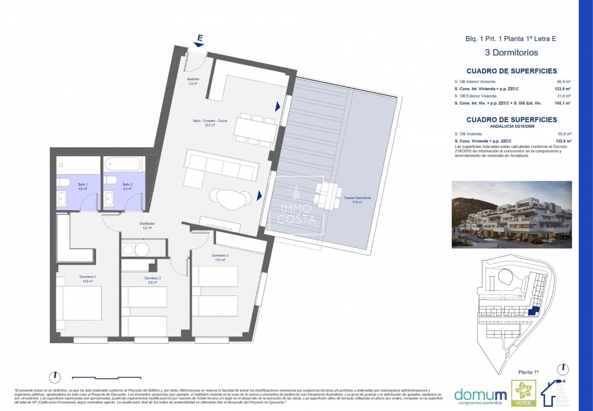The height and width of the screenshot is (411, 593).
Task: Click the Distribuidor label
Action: coord(147,225)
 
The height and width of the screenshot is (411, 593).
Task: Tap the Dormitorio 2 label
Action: coord(153,280)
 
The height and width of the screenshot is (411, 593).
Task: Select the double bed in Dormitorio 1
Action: coord(80,303)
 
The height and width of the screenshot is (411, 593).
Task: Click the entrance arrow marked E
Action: coord(199,39)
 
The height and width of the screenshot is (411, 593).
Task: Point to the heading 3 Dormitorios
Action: coord(511,53)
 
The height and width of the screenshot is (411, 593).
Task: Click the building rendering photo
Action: coord(511,214)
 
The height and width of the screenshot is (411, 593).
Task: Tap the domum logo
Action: coord(480,394)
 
